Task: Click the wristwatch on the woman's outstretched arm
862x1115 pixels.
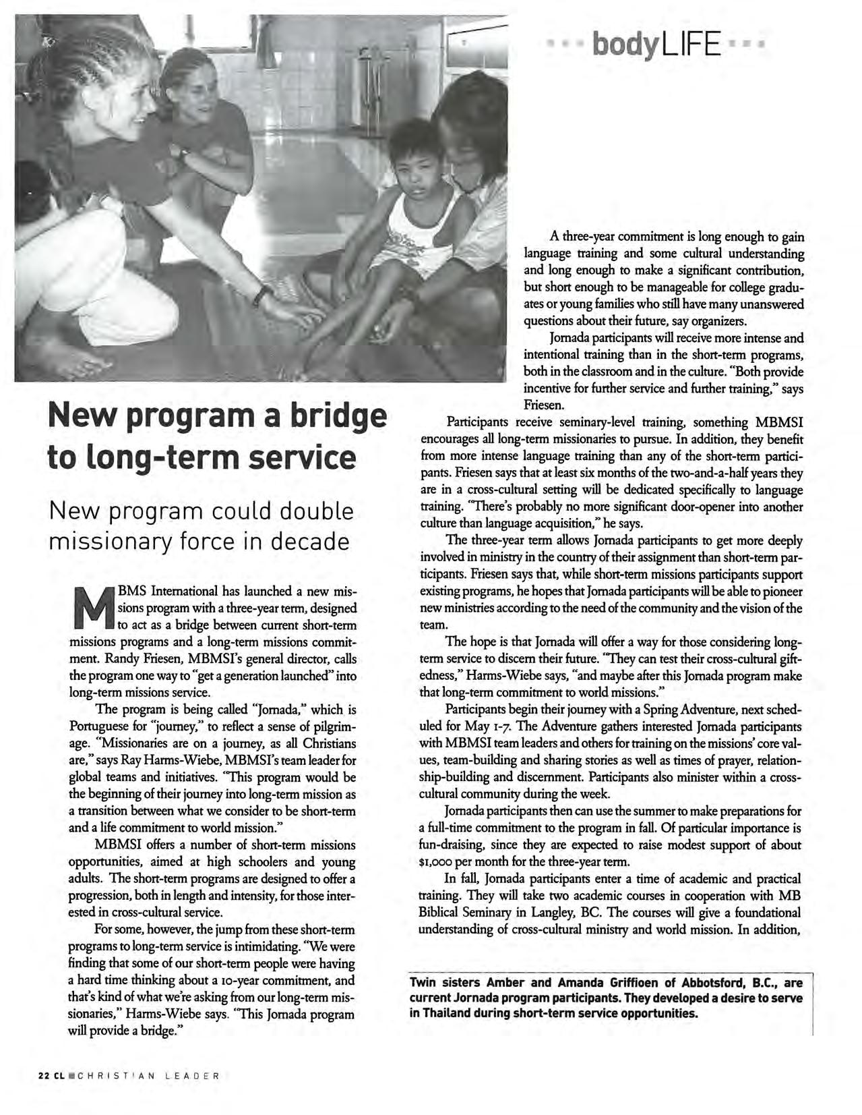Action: [x=263, y=295]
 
